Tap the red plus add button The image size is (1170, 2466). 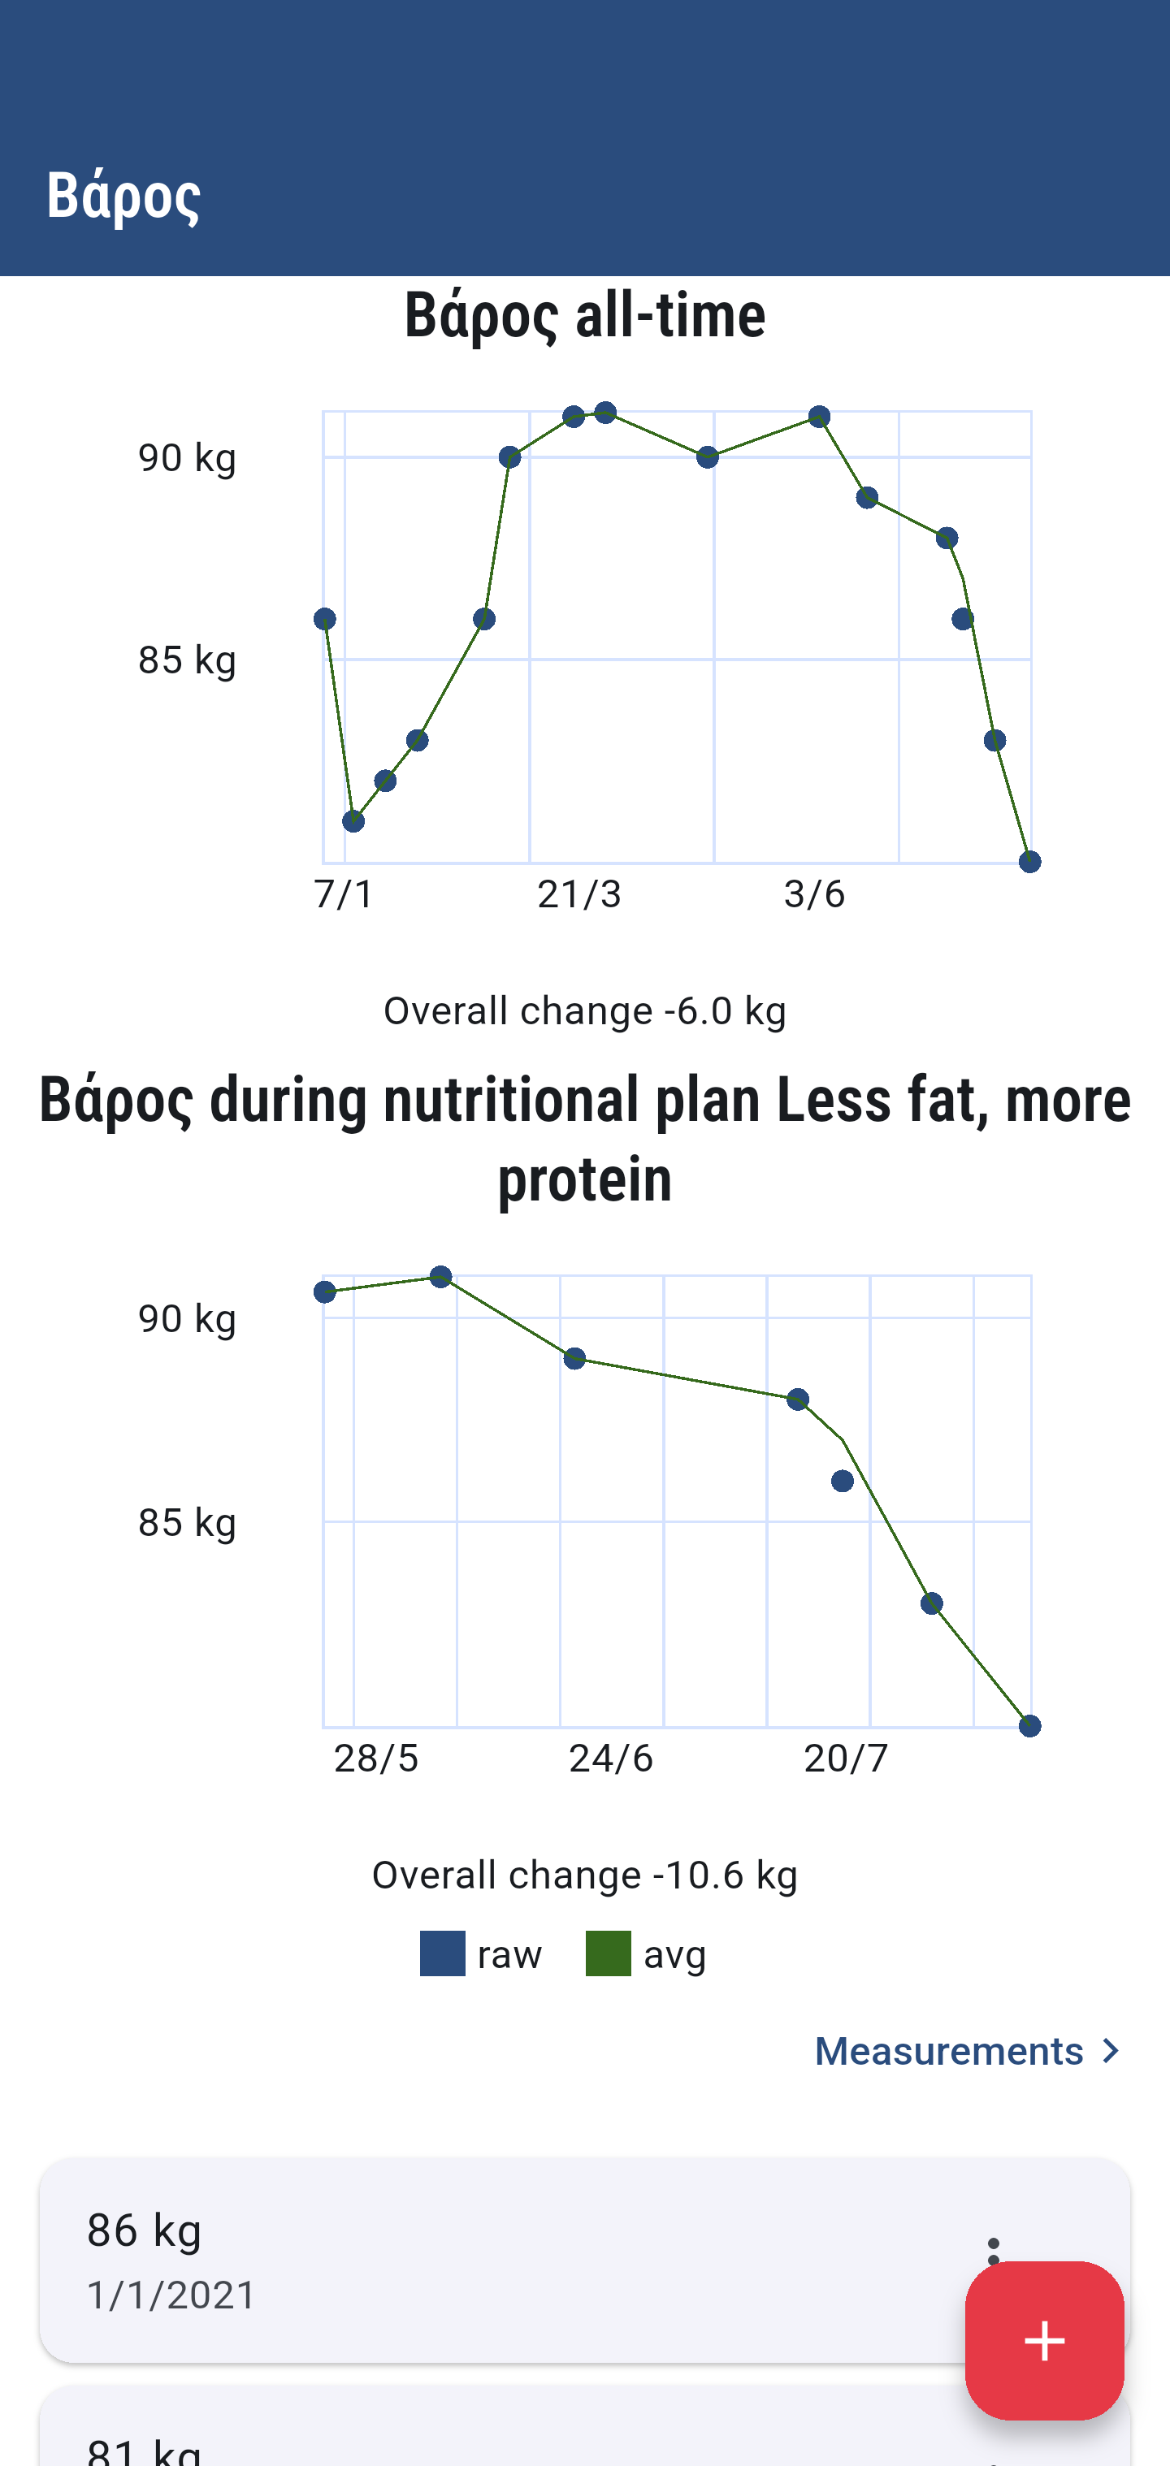click(x=1043, y=2339)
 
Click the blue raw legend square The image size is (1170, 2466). click(x=442, y=1953)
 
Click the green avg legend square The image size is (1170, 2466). click(x=608, y=1953)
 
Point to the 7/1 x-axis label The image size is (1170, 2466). click(x=344, y=894)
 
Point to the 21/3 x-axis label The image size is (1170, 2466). click(x=579, y=894)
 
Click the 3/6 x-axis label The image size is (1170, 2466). click(x=814, y=894)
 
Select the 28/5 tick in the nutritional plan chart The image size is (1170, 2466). click(x=375, y=1759)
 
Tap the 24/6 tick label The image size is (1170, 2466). click(x=611, y=1759)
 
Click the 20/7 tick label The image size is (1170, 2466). click(x=846, y=1759)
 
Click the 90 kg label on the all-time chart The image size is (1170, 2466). click(x=187, y=457)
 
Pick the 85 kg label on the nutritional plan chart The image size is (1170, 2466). click(x=187, y=1522)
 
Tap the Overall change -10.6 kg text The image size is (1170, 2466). click(x=585, y=1875)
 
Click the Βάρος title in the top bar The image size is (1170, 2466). click(x=123, y=195)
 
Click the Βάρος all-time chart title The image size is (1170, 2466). click(x=585, y=315)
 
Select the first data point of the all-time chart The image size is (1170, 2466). click(x=324, y=620)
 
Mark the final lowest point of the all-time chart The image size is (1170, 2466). click(x=1029, y=863)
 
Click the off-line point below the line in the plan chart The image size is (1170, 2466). click(x=843, y=1481)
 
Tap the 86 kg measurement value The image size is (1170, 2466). click(x=145, y=2230)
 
